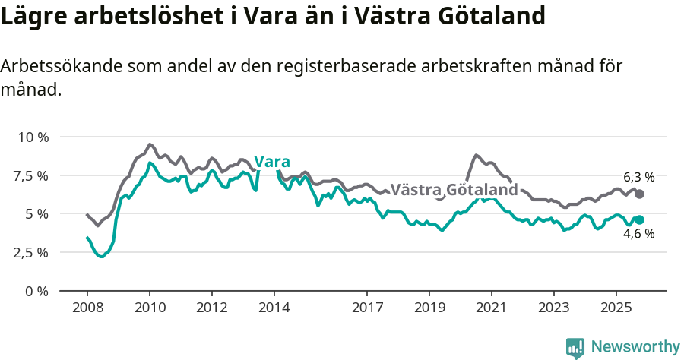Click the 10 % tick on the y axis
click(33, 137)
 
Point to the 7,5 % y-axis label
click(31, 175)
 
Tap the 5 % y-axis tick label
click(37, 214)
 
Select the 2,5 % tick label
click(31, 252)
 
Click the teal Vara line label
click(272, 162)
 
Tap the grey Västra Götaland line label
click(454, 189)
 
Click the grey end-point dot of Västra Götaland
click(639, 194)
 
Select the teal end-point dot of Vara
click(639, 219)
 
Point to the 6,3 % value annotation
click(638, 177)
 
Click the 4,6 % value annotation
click(638, 235)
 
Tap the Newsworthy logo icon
click(575, 348)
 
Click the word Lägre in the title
click(33, 17)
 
